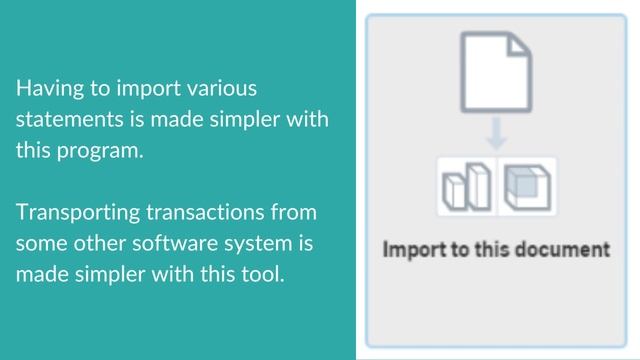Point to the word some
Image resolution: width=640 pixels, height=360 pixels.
(x=39, y=243)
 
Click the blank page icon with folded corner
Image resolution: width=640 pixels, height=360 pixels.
(x=496, y=70)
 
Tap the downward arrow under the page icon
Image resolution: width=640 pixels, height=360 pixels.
(x=497, y=132)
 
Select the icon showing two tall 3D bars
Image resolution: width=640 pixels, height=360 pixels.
(x=467, y=186)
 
